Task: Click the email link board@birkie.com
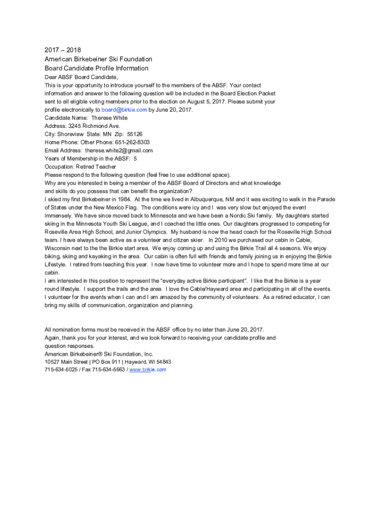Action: click(x=124, y=110)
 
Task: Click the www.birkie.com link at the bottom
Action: click(x=148, y=370)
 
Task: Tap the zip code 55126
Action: click(x=135, y=134)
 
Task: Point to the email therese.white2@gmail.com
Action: click(x=119, y=150)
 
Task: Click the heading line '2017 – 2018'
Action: click(x=63, y=50)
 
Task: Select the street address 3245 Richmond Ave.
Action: click(x=94, y=126)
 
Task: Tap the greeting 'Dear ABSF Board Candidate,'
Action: click(x=81, y=77)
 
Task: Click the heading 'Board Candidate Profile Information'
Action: click(x=96, y=68)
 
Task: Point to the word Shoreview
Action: click(x=71, y=134)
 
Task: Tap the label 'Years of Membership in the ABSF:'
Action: click(x=88, y=159)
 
